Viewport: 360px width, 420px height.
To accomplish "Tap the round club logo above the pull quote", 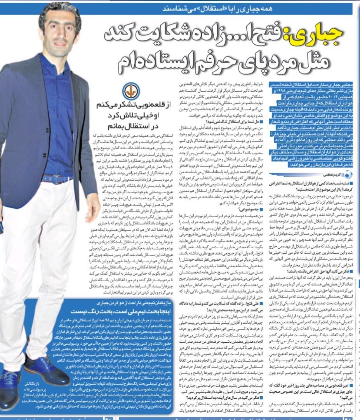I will pos(129,92).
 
